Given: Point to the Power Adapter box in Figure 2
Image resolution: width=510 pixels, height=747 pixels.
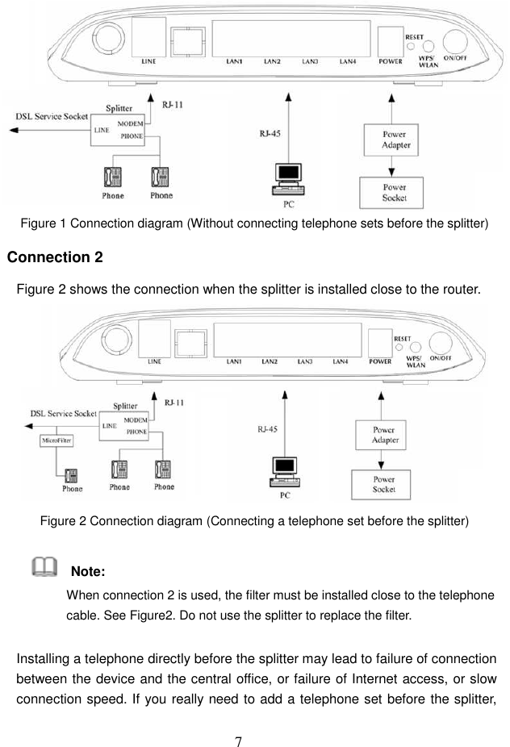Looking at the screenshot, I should point(382,436).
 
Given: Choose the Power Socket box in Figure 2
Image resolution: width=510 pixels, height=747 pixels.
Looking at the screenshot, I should point(382,484).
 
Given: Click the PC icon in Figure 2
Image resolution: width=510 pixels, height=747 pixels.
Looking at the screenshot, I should point(284,474).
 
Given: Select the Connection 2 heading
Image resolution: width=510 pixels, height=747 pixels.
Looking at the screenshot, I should point(55,257).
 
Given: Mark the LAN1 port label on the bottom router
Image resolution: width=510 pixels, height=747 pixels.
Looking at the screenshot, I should point(235,362).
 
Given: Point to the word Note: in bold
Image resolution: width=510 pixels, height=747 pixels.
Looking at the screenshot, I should point(89,572).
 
